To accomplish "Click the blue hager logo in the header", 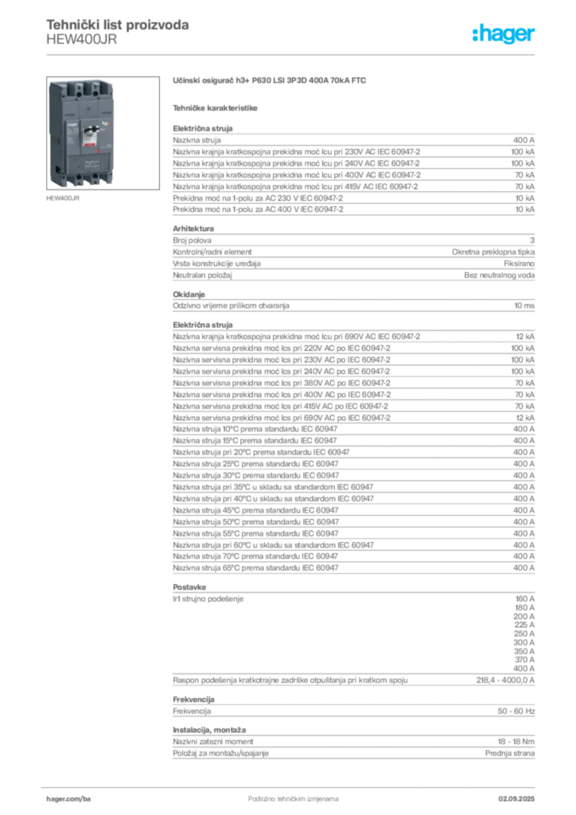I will pos(504,34).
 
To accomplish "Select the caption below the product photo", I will pos(64,199).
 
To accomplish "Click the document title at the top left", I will pos(118,25).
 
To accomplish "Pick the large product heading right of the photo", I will pos(270,80).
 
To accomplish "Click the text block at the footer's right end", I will pos(522,794).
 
